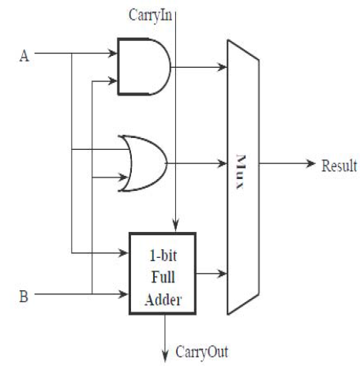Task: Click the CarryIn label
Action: click(150, 15)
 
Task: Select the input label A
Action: click(24, 56)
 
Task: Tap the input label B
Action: click(24, 296)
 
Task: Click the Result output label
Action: click(339, 166)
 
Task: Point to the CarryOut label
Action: click(201, 352)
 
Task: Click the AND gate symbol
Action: click(144, 66)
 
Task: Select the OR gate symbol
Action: click(142, 163)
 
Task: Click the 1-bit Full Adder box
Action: click(163, 273)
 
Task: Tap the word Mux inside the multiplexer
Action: click(241, 171)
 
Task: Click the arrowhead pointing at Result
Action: click(311, 163)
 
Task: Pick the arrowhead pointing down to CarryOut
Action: click(165, 357)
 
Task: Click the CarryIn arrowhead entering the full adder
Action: click(175, 225)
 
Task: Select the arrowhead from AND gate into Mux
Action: click(222, 67)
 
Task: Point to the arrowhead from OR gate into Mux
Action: click(222, 163)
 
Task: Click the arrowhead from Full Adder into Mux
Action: click(222, 274)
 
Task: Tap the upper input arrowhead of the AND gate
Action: click(113, 53)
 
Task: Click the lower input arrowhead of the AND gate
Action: click(113, 80)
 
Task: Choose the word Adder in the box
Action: click(163, 300)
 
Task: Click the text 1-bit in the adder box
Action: click(163, 256)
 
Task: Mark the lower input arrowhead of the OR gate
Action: click(123, 177)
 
